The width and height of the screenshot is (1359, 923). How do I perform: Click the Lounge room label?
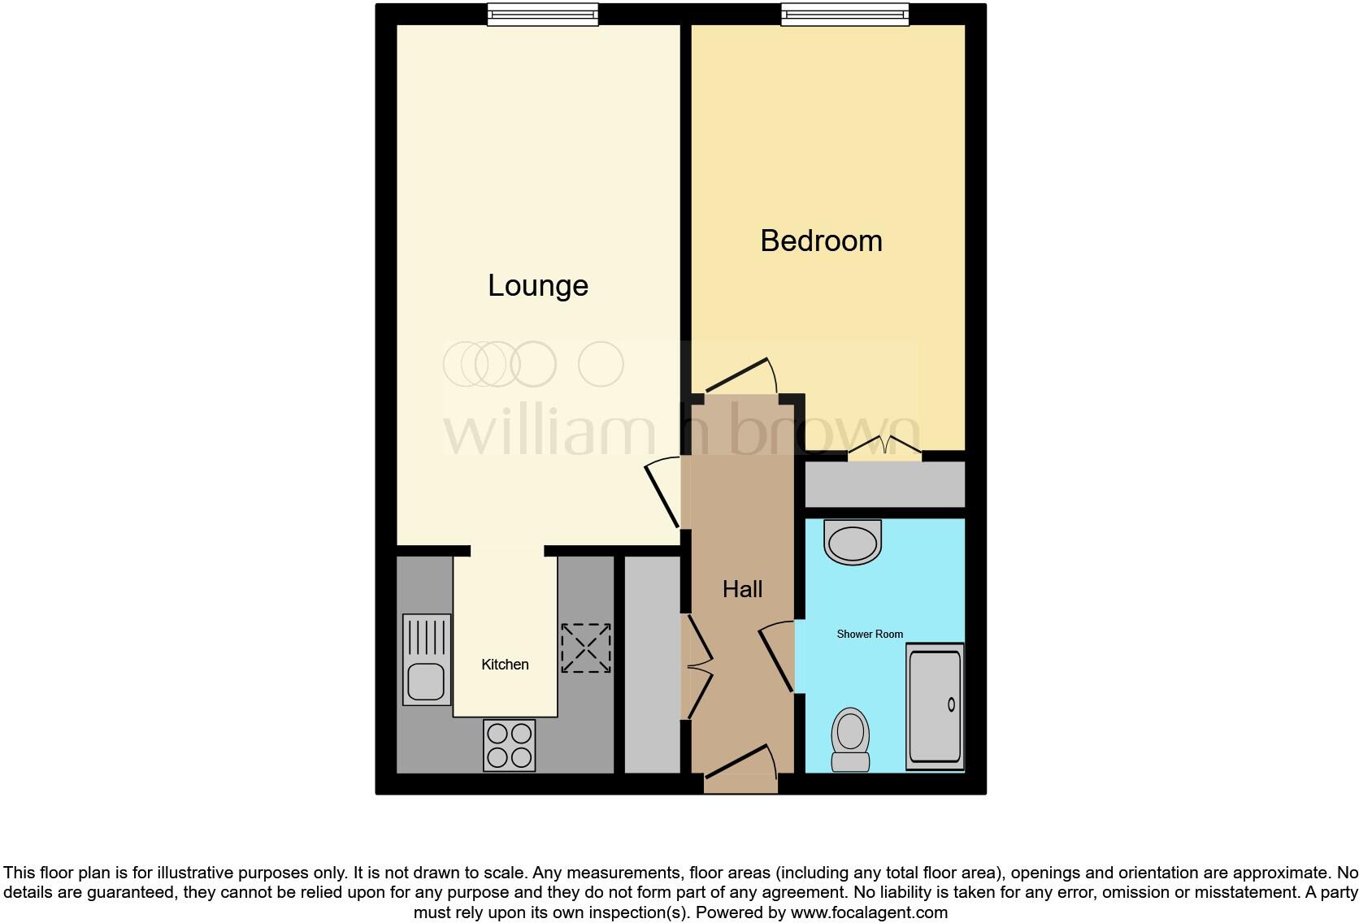pos(537,285)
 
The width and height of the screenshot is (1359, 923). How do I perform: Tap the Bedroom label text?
pos(821,240)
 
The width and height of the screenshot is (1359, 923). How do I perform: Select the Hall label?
pos(742,589)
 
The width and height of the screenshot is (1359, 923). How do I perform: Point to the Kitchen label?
pos(505,665)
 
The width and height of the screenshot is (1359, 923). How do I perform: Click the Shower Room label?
pos(870,634)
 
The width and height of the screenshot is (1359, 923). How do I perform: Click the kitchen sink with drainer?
pos(427,659)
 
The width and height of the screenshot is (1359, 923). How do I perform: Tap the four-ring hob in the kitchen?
pos(510,745)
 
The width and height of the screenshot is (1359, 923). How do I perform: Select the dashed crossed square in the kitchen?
pos(585,648)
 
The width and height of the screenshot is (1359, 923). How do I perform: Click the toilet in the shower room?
pos(851,739)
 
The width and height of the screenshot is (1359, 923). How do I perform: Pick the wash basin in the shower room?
pos(852,541)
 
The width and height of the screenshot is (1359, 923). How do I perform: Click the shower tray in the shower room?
pos(935,706)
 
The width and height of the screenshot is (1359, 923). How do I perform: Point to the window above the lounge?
pos(542,14)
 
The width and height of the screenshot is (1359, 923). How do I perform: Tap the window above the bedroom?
pos(844,14)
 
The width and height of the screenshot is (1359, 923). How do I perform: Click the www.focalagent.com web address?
pos(869,912)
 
